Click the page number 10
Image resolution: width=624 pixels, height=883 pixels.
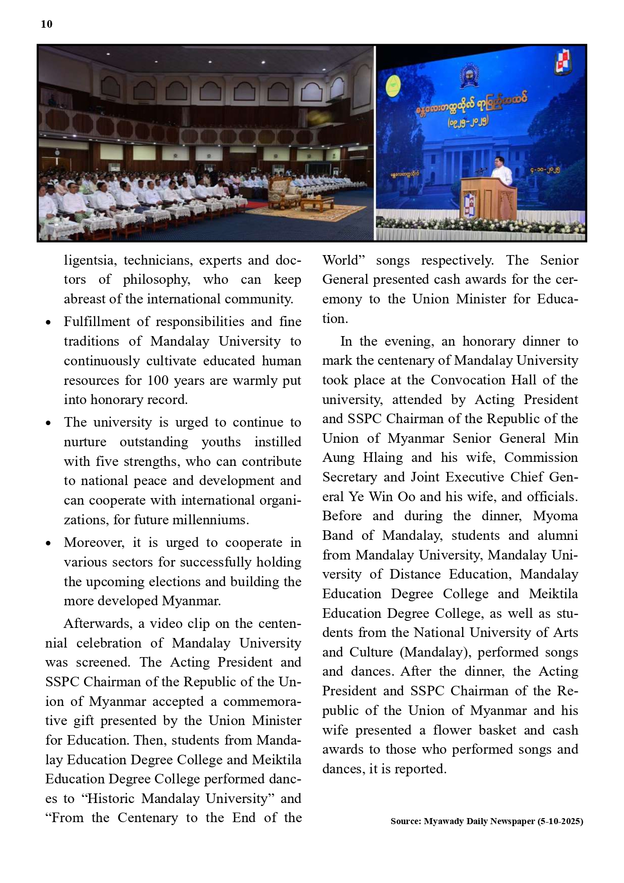click(46, 24)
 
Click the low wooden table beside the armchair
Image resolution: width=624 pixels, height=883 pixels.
click(317, 202)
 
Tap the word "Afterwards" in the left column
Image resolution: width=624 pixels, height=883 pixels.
click(98, 623)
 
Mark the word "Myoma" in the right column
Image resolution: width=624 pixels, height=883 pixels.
click(555, 516)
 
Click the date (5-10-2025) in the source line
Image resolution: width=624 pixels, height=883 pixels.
click(560, 821)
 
